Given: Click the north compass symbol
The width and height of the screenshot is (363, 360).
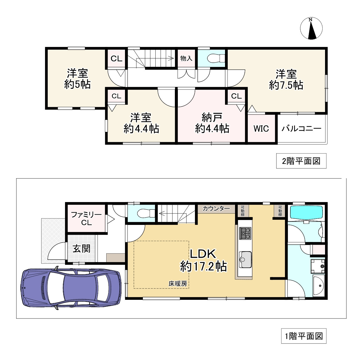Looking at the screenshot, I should pos(311,28).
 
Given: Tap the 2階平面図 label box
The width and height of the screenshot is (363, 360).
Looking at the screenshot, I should pos(301,161).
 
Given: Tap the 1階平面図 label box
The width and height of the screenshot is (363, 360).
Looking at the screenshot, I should pos(303,336).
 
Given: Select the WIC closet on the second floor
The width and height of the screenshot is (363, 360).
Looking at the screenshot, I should pos(261,128).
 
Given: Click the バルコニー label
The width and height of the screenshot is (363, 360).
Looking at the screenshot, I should pos(301,128).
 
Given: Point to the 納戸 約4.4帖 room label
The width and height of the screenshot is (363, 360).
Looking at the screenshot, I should pos(212,123).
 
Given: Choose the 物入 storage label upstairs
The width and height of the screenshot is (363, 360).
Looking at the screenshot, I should pos(186,58).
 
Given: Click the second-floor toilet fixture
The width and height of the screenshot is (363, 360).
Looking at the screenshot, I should pos(216,58).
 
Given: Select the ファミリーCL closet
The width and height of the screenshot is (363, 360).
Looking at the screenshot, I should pos(86,219).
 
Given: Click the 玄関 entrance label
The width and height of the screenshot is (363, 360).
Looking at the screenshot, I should pos(82,249).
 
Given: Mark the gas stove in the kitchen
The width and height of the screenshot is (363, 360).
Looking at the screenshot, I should pos(245,233).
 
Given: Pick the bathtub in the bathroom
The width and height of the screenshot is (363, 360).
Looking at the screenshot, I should pos(306,212).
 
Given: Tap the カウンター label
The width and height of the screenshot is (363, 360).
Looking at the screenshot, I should pos(216,209).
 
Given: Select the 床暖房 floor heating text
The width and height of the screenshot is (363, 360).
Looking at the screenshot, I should pos(178,283).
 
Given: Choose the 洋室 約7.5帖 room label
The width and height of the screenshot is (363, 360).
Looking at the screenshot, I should pos(286,80).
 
